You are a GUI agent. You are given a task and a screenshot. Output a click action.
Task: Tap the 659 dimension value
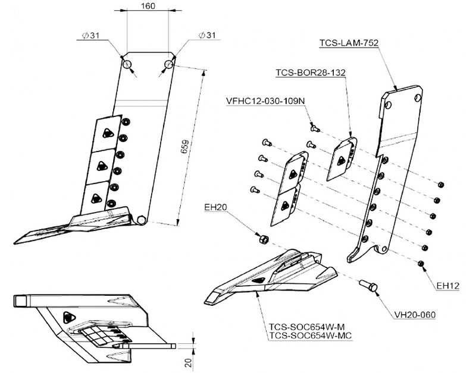point(185,147)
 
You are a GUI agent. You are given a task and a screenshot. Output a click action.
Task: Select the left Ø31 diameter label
point(91,36)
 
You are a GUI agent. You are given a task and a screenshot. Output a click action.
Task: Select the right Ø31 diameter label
point(207,36)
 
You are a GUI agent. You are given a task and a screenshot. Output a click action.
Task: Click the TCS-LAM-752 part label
point(349,42)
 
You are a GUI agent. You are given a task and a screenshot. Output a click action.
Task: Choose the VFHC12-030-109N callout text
point(265,100)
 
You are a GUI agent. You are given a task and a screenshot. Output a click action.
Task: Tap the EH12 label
point(448,286)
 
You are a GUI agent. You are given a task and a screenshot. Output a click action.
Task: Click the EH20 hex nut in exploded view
point(262,239)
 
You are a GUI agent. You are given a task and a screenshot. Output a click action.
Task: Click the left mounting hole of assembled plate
point(127,64)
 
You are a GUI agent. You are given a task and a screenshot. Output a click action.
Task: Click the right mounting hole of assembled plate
point(169,63)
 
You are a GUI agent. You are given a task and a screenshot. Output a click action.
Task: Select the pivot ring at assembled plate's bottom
point(141,220)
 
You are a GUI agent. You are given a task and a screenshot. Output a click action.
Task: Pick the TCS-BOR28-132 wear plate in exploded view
point(342,159)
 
